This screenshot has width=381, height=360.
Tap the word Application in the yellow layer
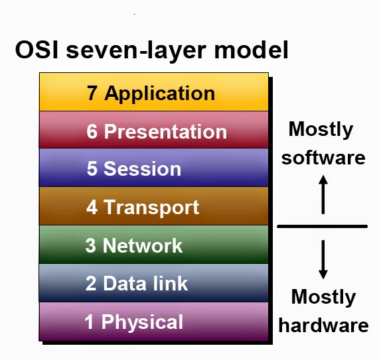point(159,93)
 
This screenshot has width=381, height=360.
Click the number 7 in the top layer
point(93,93)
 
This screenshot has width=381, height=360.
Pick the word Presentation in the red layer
point(165,131)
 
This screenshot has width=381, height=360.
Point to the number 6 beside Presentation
point(92,131)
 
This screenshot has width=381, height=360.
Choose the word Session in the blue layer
point(142,169)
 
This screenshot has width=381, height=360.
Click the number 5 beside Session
point(92,169)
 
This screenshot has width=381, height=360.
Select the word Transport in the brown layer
point(151,207)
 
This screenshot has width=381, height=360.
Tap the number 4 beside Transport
point(92,207)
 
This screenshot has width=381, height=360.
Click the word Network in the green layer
point(143,245)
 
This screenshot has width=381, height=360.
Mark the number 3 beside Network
point(91,245)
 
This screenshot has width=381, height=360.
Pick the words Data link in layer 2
point(145,284)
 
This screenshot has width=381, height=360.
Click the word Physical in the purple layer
point(142,322)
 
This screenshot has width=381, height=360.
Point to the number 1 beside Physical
point(90,322)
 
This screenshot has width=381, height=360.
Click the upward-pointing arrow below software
point(323,194)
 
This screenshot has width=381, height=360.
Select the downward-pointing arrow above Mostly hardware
point(323,259)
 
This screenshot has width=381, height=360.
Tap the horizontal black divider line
point(322,227)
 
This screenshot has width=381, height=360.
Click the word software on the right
point(323,158)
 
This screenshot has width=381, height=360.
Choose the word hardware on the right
point(323,326)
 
